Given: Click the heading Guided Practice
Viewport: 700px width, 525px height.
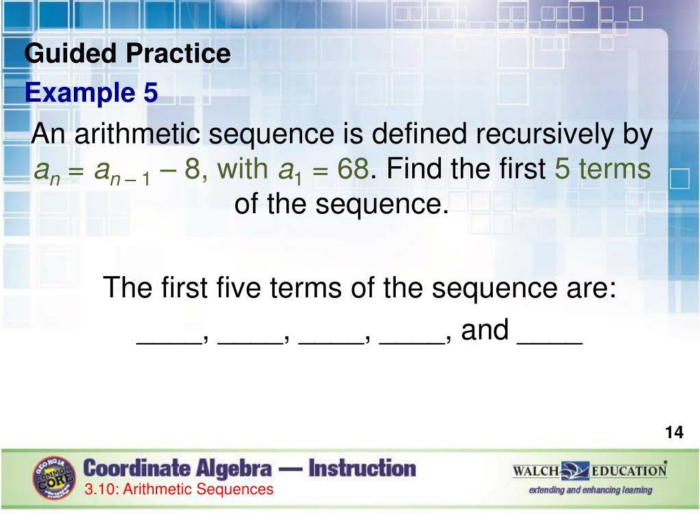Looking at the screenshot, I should click(128, 53).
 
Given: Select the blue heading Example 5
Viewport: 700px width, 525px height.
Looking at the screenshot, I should click(92, 93).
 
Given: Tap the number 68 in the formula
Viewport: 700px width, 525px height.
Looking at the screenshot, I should click(353, 168).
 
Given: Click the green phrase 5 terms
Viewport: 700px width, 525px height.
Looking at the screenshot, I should click(602, 168).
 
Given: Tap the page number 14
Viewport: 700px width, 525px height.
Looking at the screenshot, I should click(673, 433).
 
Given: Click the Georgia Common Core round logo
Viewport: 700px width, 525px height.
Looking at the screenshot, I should click(53, 477).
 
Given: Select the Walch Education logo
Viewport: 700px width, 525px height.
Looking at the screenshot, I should click(589, 471).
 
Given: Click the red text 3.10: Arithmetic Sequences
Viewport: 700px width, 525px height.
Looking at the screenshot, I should click(179, 489).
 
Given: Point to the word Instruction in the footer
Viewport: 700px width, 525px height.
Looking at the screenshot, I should click(362, 469).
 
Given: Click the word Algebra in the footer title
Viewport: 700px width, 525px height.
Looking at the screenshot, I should click(230, 469).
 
